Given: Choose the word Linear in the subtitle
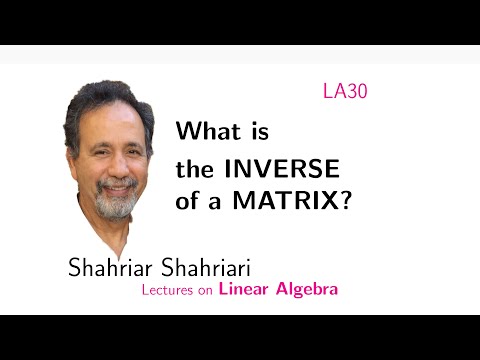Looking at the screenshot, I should pyautogui.click(x=243, y=290).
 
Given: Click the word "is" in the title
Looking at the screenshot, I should pyautogui.click(x=260, y=131).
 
